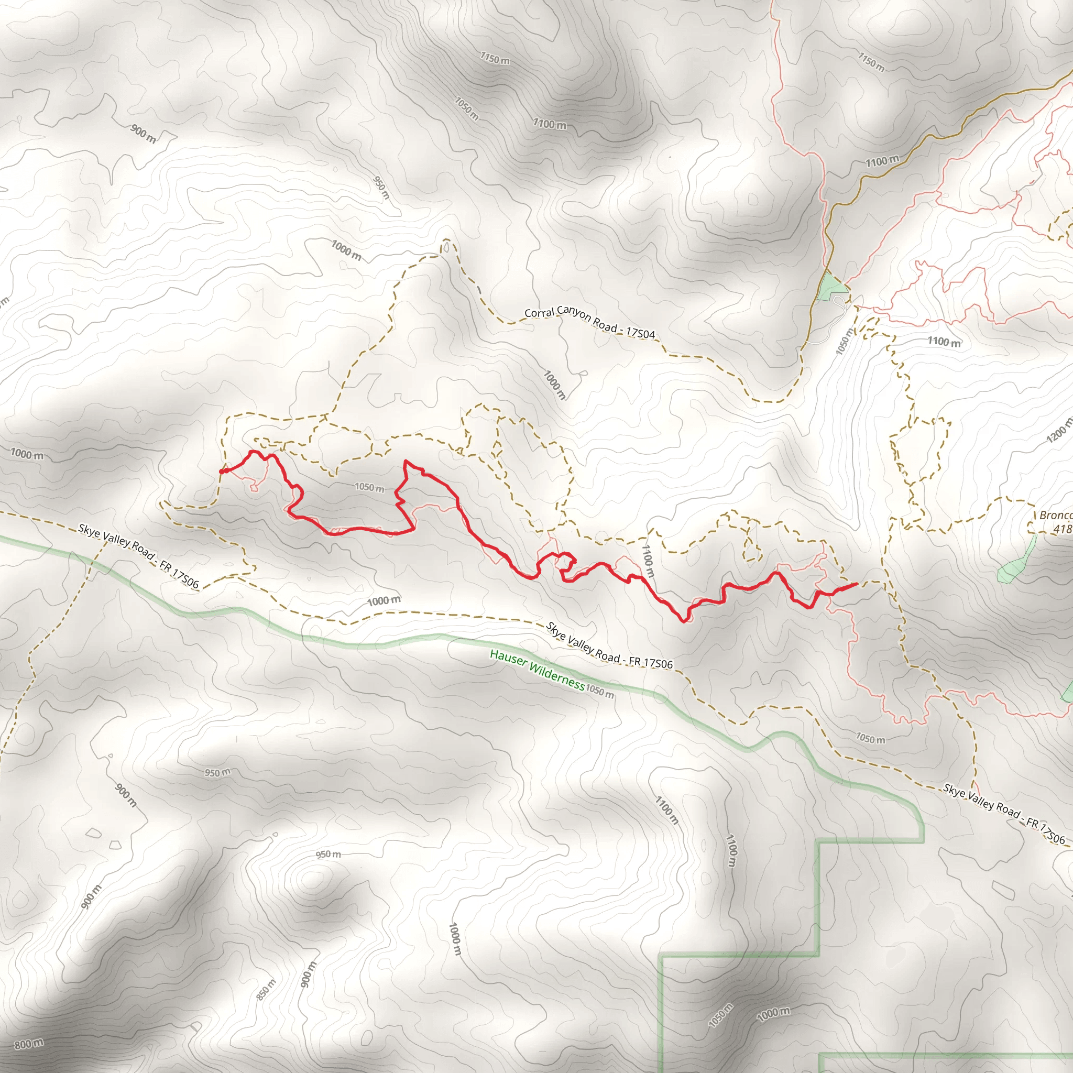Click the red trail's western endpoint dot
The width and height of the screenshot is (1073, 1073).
(222, 472)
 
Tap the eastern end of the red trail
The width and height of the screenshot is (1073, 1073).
(857, 584)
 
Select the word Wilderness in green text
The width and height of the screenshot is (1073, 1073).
(556, 675)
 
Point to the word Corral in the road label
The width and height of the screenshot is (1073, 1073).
(539, 313)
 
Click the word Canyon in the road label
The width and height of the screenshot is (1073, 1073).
(574, 314)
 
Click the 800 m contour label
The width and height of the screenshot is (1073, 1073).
(28, 1044)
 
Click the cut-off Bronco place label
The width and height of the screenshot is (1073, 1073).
(1055, 516)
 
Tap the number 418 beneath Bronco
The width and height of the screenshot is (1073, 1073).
(1062, 529)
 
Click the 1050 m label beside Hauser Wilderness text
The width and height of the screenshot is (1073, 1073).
(600, 692)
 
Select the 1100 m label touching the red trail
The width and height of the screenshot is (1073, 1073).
(648, 561)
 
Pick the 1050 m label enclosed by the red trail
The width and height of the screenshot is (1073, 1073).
(369, 488)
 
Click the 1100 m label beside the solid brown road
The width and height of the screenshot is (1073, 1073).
(881, 161)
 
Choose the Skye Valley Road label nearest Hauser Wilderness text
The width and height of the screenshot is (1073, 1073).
(609, 645)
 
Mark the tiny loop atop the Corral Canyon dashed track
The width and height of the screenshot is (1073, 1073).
(445, 246)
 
